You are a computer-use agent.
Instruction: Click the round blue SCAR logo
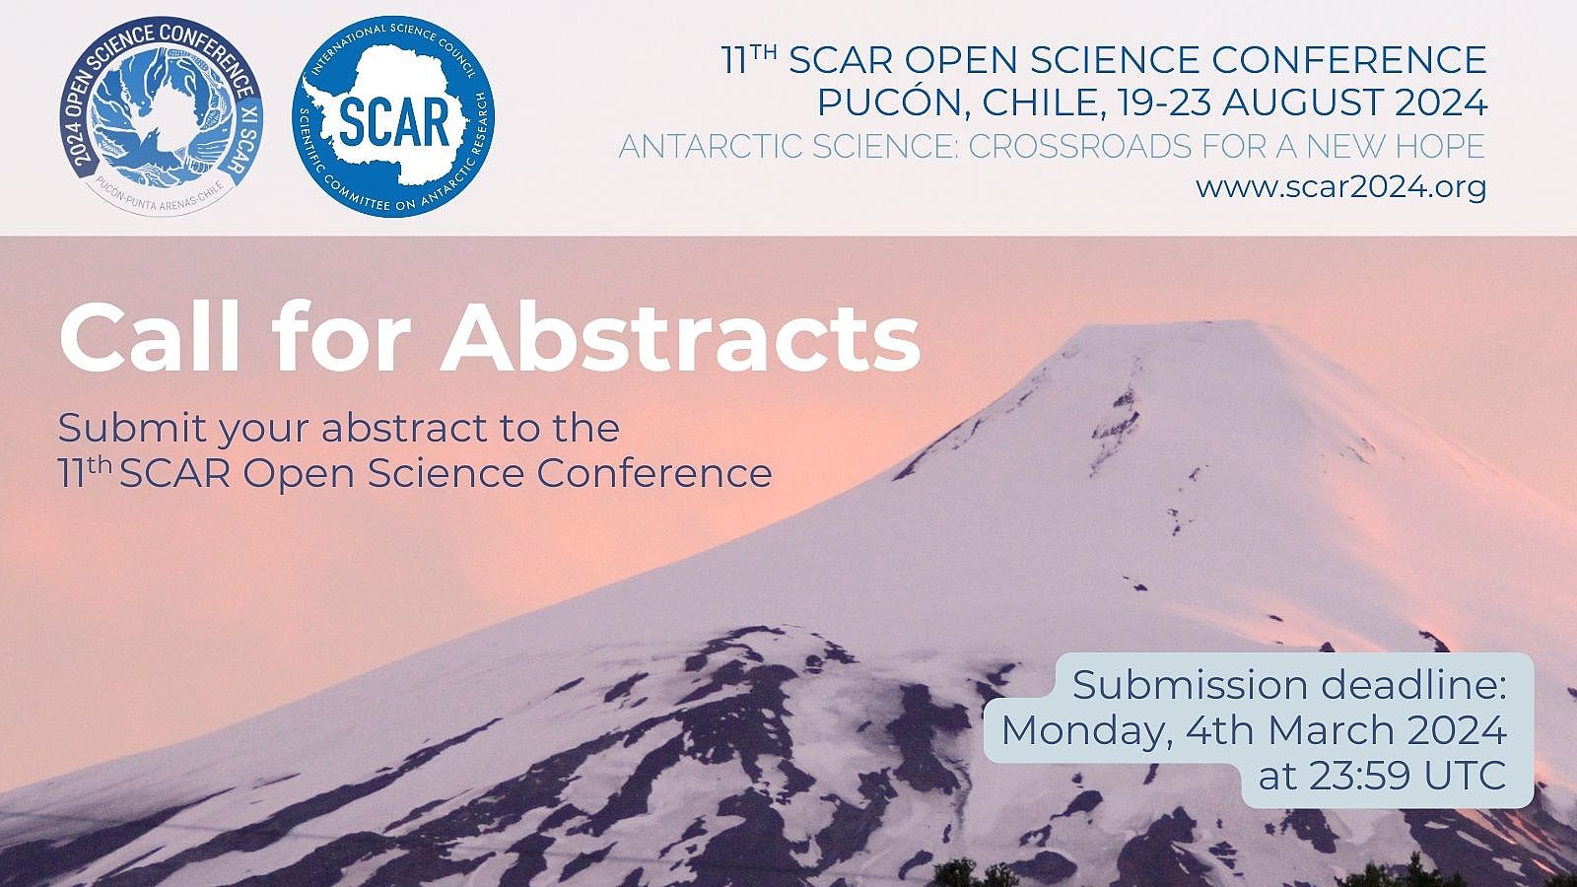coord(393,116)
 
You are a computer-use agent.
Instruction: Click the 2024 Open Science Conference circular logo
coord(162,116)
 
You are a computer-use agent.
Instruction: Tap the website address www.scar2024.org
coord(1341,187)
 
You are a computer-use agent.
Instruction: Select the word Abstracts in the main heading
coord(681,339)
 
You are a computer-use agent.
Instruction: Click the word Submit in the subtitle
coord(132,428)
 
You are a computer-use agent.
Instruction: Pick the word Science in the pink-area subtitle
coord(446,473)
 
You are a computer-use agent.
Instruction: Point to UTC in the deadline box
coord(1465,776)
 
